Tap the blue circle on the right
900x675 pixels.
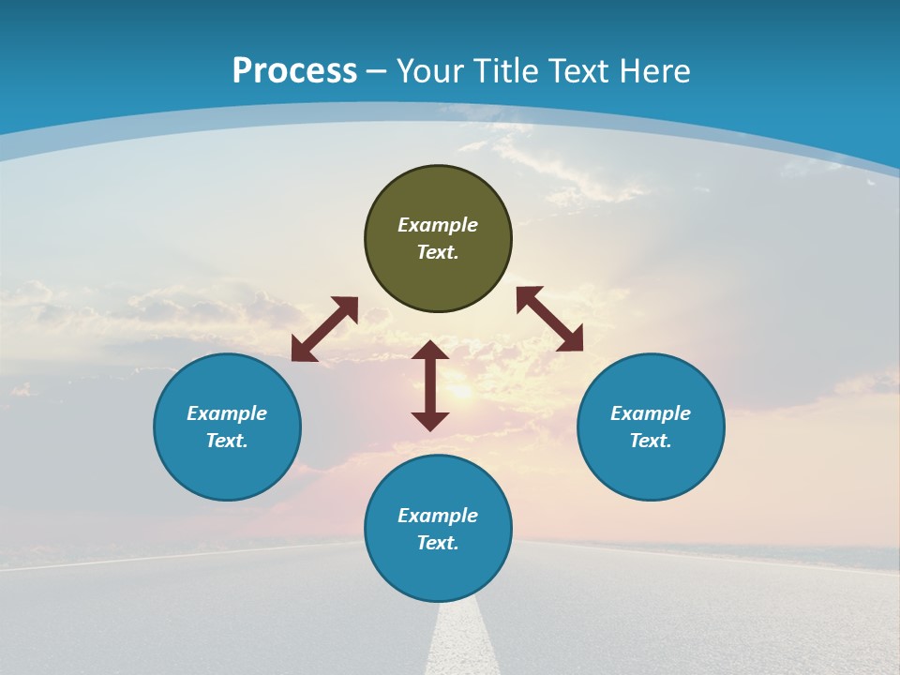pos(651,469)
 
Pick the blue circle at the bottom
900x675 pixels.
pos(438,572)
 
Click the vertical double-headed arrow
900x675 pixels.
pos(430,385)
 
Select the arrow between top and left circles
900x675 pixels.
pos(324,329)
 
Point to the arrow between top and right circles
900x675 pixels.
pos(550,319)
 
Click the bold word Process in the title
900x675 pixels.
pos(294,70)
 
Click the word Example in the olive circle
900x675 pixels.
pos(438,225)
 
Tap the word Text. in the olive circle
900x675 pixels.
pos(438,252)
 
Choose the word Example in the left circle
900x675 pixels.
pos(227,413)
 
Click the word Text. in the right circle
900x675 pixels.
pos(651,441)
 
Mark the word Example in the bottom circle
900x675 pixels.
pos(438,516)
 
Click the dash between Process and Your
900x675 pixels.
pos(377,71)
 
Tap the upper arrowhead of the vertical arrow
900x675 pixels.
pos(430,352)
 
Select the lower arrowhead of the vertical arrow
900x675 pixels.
pos(430,420)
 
